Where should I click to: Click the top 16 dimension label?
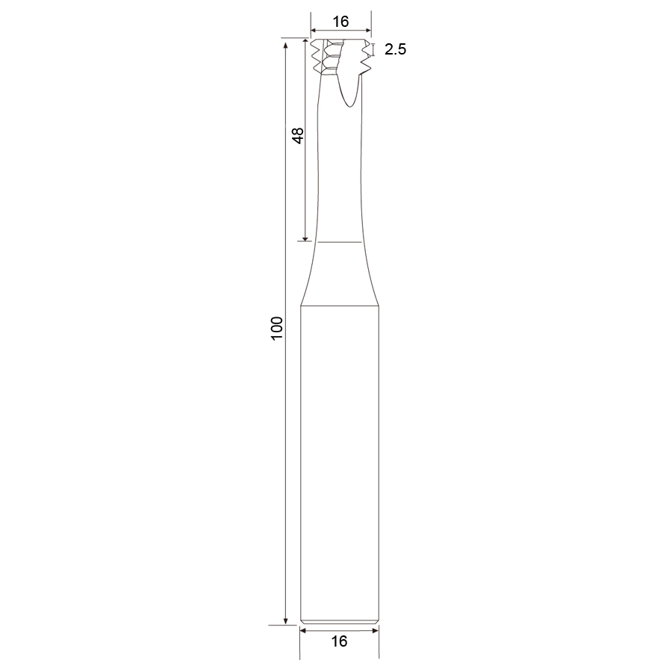pyautogui.click(x=340, y=21)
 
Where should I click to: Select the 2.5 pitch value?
pyautogui.click(x=395, y=49)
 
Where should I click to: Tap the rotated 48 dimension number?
pyautogui.click(x=297, y=135)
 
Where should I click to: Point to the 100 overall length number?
pyautogui.click(x=277, y=329)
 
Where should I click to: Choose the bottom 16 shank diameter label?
pyautogui.click(x=339, y=641)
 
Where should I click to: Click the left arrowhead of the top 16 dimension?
pyautogui.click(x=314, y=31)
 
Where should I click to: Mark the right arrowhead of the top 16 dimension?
pyautogui.click(x=368, y=31)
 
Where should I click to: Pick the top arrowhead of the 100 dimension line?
pyautogui.click(x=285, y=43)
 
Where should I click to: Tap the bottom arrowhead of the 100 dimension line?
pyautogui.click(x=285, y=621)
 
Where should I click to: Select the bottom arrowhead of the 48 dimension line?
pyautogui.click(x=305, y=238)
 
